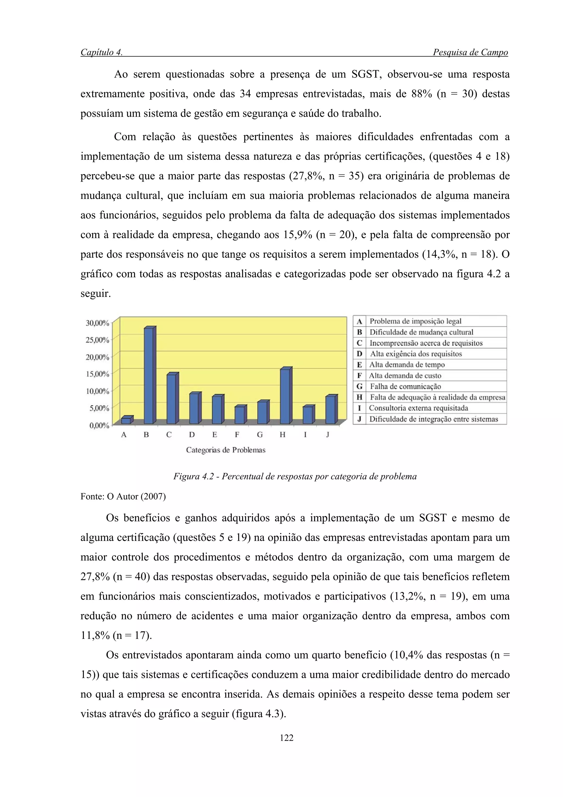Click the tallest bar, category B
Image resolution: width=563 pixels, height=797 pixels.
pos(150,376)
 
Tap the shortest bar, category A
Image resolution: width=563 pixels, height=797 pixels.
pos(126,421)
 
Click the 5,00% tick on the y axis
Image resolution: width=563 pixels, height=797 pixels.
pos(99,408)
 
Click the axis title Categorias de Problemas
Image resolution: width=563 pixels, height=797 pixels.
pos(225,450)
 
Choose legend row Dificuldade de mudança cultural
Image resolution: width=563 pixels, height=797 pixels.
pos(421,332)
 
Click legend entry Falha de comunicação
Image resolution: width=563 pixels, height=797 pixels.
pos(405,386)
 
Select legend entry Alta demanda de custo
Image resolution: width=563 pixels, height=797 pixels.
pos(405,376)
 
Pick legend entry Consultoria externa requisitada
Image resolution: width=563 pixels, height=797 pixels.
pos(418,408)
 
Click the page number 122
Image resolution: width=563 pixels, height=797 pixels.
pos(286,738)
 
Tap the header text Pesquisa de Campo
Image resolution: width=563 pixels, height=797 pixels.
pos(470,53)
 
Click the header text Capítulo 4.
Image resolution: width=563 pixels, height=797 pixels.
pos(101,53)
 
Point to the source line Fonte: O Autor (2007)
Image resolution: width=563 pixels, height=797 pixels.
pos(123,496)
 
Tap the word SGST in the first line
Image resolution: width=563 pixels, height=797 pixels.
pos(366,74)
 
